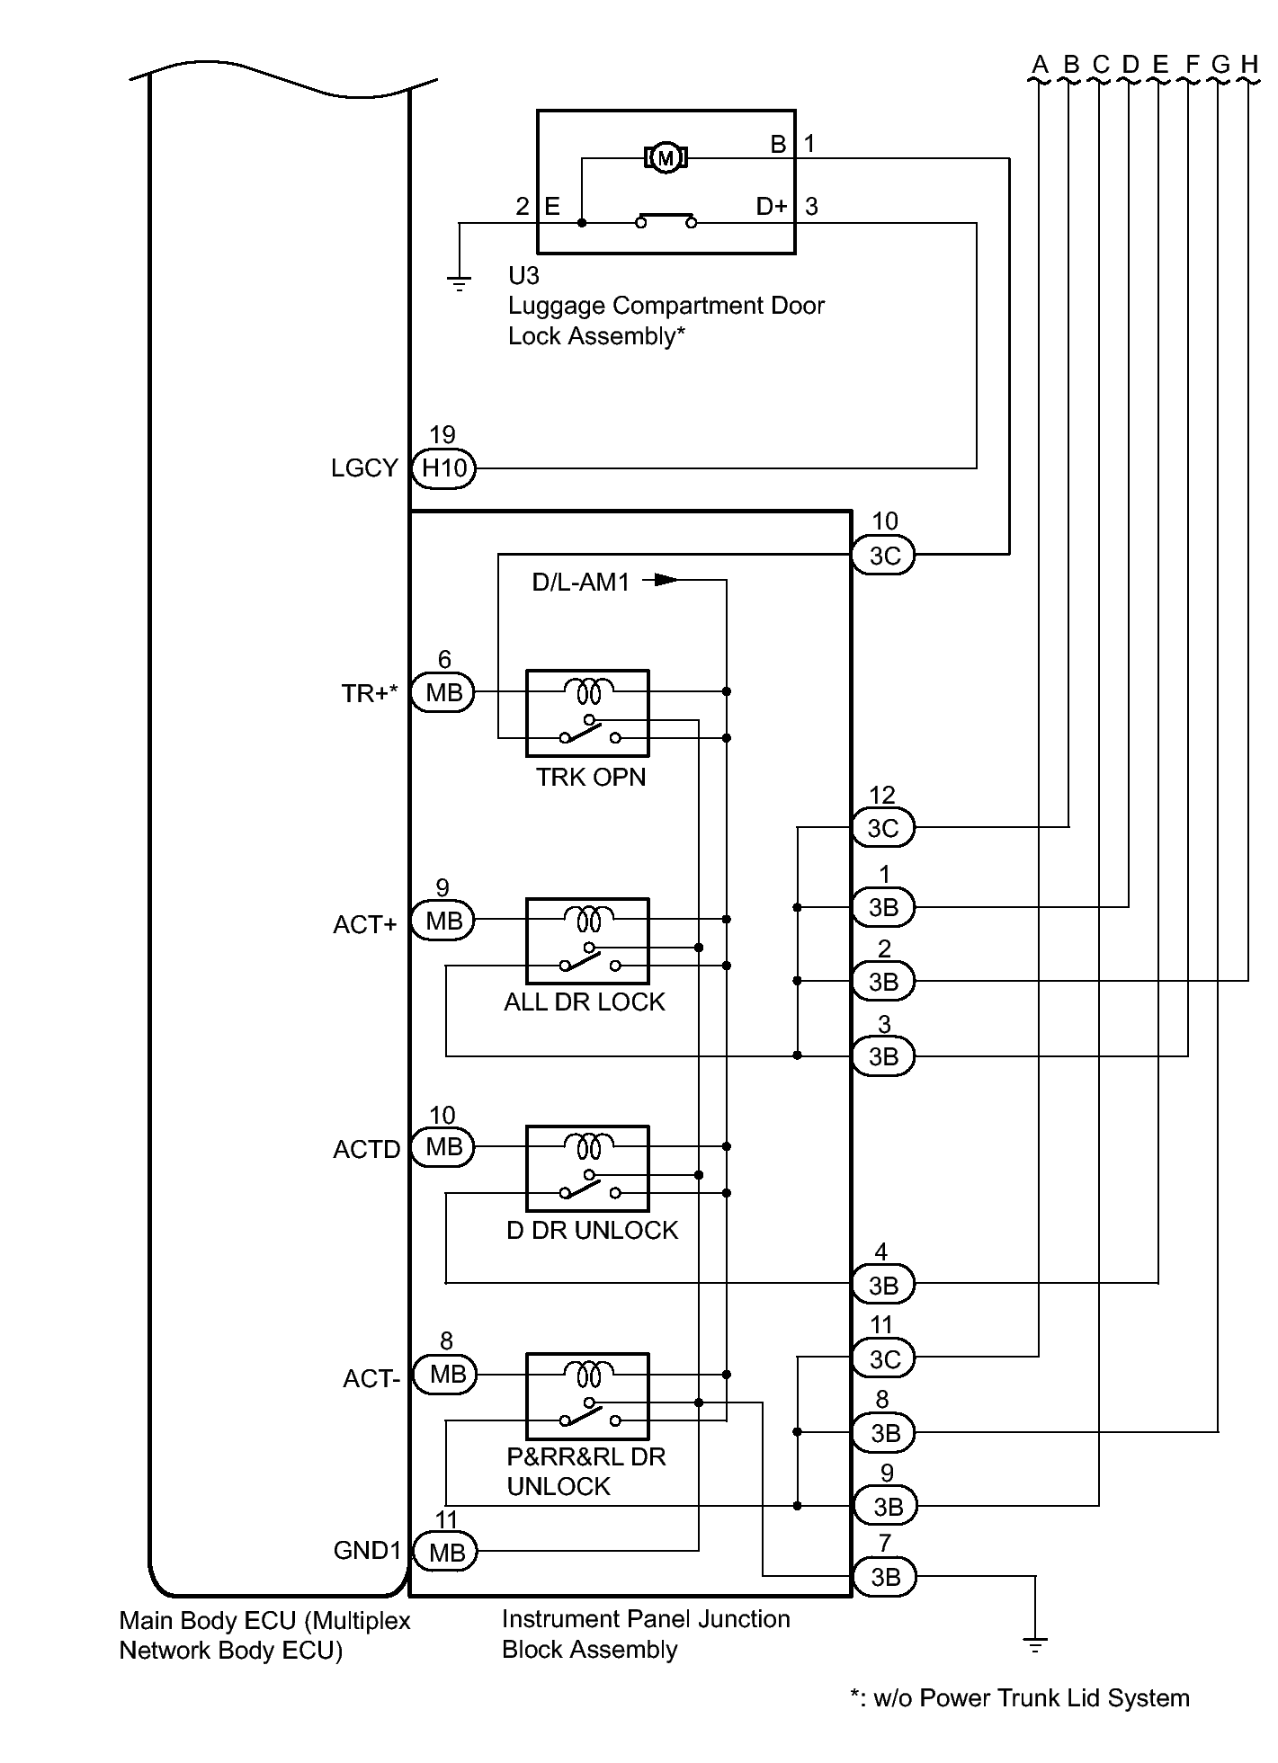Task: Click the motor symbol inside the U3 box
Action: (666, 159)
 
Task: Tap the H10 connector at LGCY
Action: (443, 468)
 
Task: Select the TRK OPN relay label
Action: (591, 777)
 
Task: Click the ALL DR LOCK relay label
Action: (585, 1002)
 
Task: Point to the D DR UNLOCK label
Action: (592, 1230)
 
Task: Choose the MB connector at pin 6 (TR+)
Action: (443, 692)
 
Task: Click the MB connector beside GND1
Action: (447, 1552)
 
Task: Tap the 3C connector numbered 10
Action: (884, 556)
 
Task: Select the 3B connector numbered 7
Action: (885, 1577)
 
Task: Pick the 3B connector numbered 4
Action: (883, 1286)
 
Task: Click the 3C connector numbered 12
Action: (883, 828)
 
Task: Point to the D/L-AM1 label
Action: (580, 583)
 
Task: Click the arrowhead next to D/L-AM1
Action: (666, 580)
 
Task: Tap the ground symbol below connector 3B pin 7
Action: (1035, 1645)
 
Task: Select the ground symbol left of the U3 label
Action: (459, 285)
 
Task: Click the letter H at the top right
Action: (1248, 65)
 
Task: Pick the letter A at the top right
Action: (1040, 65)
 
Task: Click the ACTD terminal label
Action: (366, 1150)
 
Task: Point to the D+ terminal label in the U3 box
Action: (772, 207)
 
